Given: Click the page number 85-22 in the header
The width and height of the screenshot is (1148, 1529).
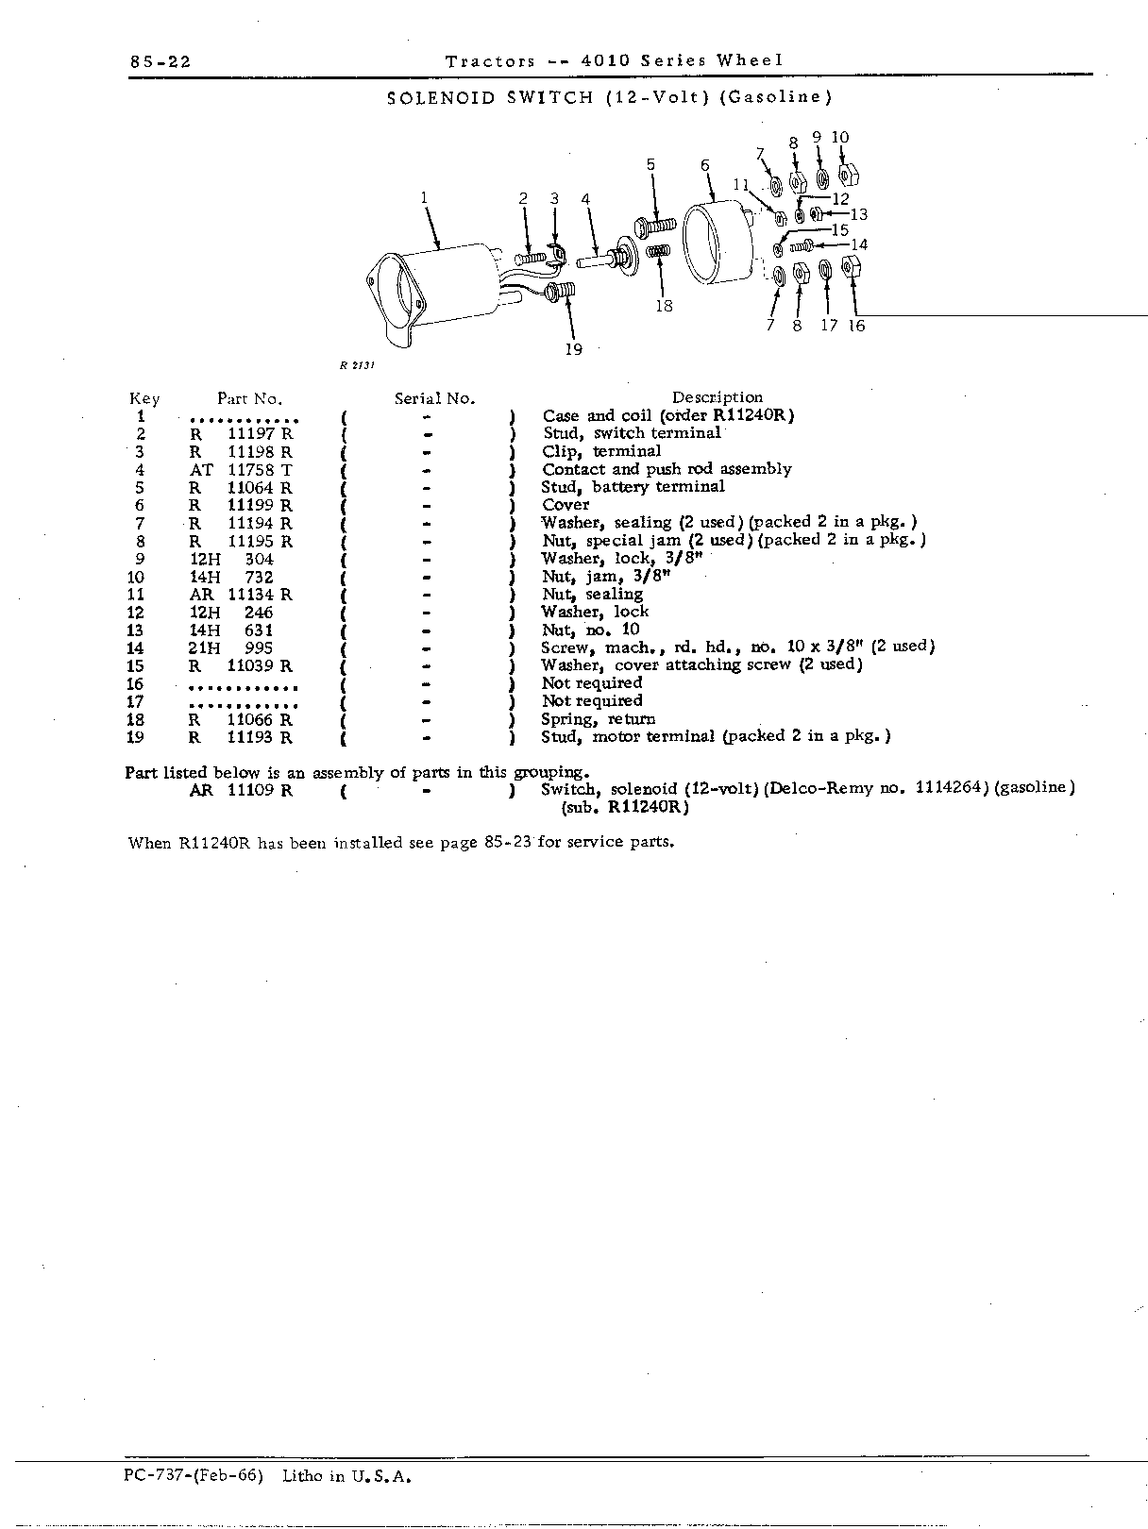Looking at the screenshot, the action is (x=160, y=62).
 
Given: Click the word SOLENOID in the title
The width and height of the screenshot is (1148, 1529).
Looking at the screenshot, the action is (x=441, y=97).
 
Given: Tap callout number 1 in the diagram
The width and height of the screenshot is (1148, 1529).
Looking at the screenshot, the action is (x=424, y=198).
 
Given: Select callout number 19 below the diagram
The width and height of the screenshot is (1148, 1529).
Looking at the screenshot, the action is (x=573, y=349).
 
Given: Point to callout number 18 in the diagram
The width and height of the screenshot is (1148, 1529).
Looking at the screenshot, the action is (x=664, y=305).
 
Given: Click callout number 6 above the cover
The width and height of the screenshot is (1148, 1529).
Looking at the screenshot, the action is (x=705, y=165).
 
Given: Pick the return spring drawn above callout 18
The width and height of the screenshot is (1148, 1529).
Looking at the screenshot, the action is (x=658, y=250).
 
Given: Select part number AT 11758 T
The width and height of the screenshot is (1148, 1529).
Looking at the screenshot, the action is (x=241, y=470).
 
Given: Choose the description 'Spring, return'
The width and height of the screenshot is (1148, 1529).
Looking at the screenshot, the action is (x=599, y=719).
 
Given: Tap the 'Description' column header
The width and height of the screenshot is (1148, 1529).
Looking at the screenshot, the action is (x=717, y=397).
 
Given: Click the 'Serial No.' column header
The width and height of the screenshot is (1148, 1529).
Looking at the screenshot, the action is (x=434, y=398).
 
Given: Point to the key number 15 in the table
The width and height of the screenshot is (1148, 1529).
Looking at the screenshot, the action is (x=135, y=666).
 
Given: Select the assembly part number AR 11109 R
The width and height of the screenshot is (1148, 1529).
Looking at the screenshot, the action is (x=241, y=791).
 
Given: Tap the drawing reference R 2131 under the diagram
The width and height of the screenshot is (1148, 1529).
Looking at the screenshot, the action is (x=358, y=365).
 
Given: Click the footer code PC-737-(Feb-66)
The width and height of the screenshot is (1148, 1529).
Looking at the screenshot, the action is (x=194, y=1475).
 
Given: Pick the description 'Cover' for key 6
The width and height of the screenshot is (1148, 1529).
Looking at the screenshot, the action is (x=566, y=504).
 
